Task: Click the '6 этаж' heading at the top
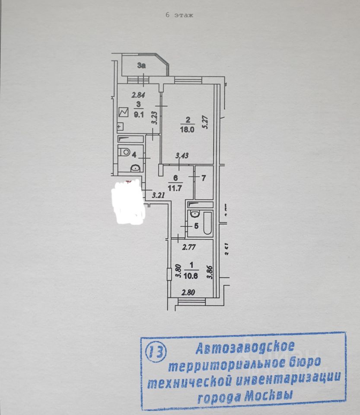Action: tap(179, 15)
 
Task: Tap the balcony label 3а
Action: tap(141, 66)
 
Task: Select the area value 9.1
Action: tap(139, 115)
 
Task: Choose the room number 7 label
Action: tap(204, 177)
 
